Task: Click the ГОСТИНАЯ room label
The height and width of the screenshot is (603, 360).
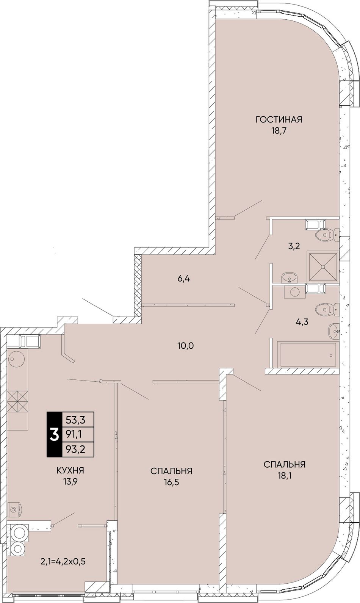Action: (x=279, y=119)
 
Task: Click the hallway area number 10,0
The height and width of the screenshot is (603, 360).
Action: (x=186, y=345)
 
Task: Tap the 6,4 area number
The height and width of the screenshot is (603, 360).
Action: (x=184, y=279)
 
